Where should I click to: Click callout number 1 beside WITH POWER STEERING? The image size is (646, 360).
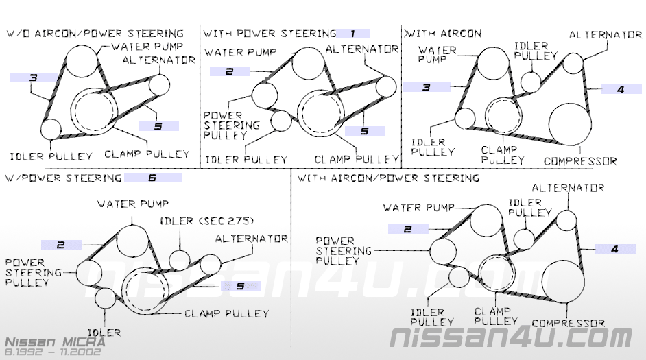click(x=352, y=33)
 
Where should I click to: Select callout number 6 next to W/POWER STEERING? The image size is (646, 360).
click(x=152, y=178)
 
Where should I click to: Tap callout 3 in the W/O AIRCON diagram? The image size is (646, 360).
click(x=32, y=78)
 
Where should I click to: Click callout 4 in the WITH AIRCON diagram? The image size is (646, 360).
click(x=620, y=88)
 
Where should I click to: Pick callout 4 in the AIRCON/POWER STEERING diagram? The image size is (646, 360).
click(x=614, y=249)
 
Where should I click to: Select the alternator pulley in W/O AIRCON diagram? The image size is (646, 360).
click(x=158, y=84)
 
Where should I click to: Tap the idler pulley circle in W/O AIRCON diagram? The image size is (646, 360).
click(x=51, y=128)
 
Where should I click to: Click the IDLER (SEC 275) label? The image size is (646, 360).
click(x=206, y=220)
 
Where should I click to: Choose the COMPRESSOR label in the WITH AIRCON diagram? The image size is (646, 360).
click(x=579, y=162)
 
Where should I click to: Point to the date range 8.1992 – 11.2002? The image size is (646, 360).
click(x=53, y=352)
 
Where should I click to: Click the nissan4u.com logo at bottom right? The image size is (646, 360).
click(x=511, y=337)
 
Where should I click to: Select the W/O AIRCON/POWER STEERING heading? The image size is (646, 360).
click(x=95, y=33)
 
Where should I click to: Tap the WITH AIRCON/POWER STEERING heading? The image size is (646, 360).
click(x=387, y=178)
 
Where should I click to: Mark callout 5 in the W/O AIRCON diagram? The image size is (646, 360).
click(x=158, y=126)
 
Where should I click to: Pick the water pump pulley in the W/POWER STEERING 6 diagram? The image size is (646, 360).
click(x=132, y=239)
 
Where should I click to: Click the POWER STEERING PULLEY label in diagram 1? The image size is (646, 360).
click(x=231, y=125)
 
